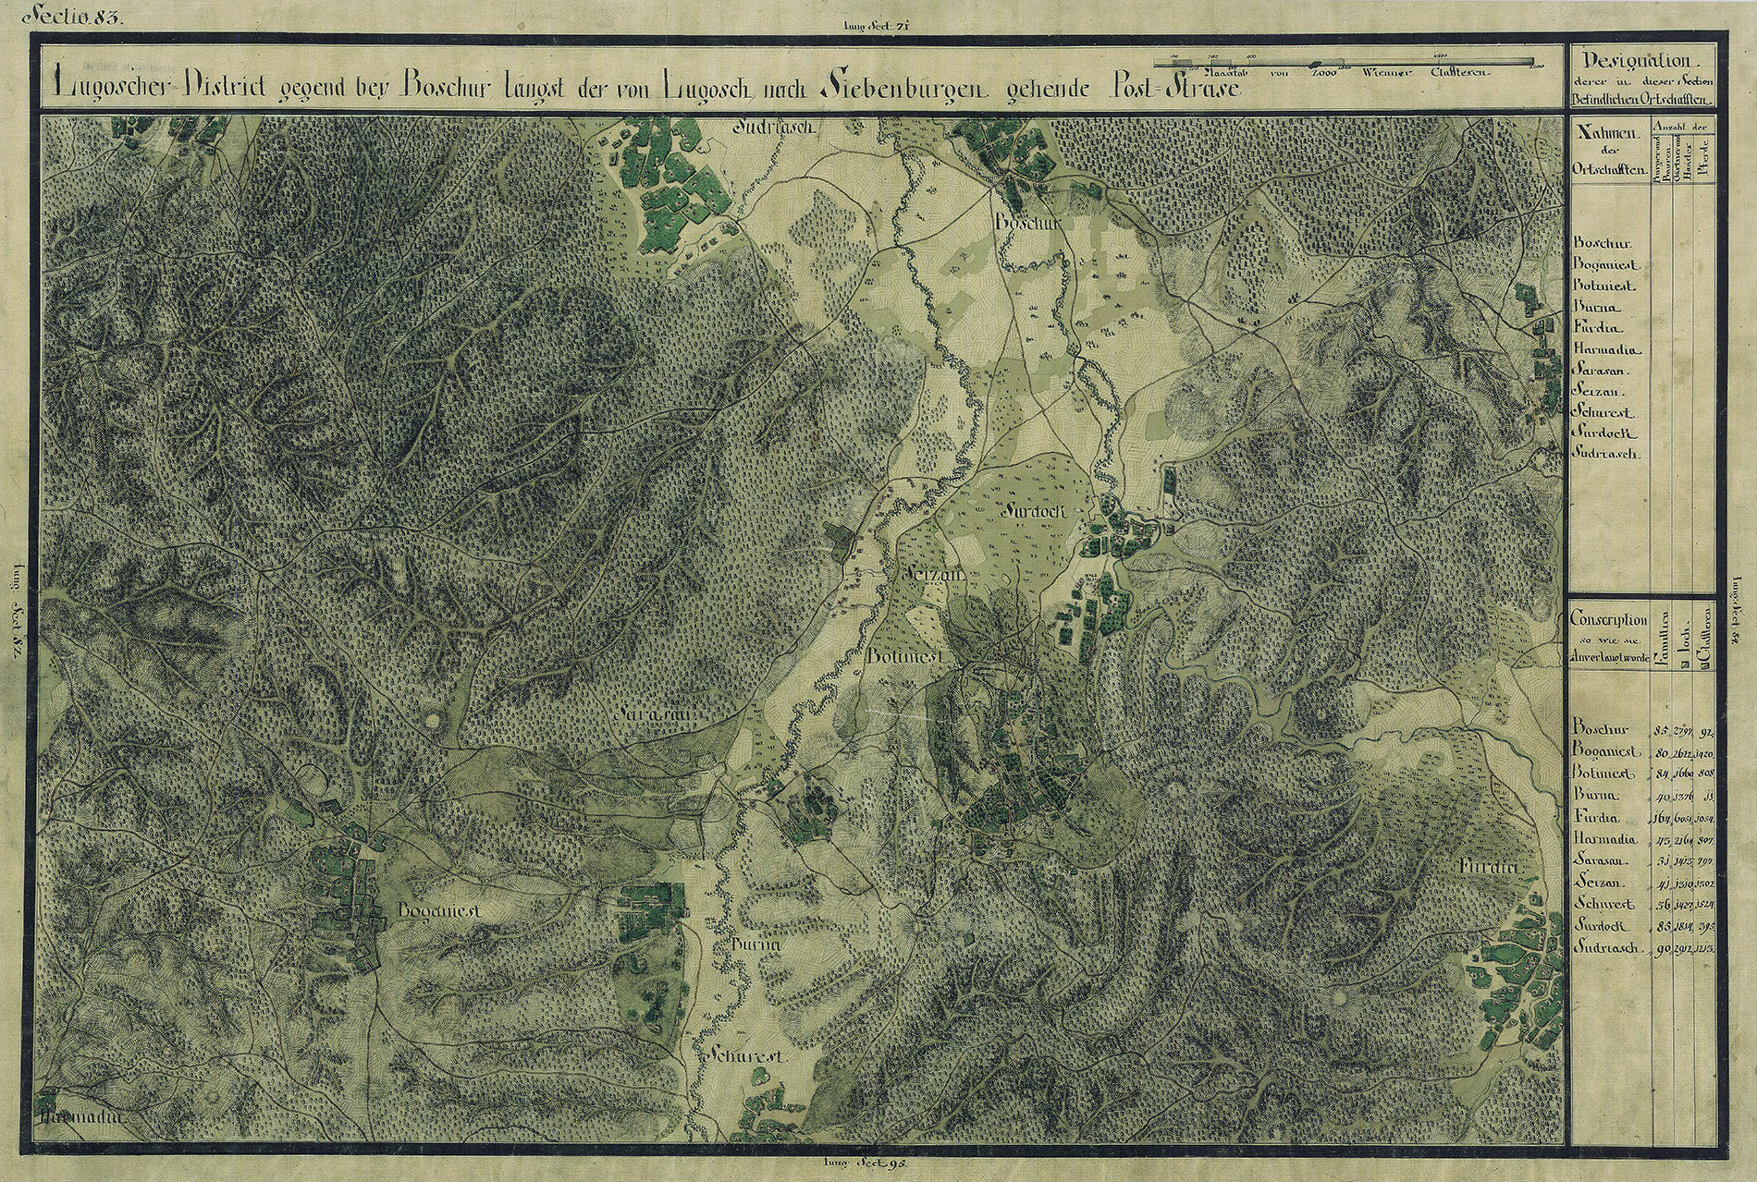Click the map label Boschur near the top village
click(1019, 223)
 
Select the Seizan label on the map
click(932, 575)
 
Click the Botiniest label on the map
click(904, 655)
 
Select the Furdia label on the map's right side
click(1490, 867)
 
